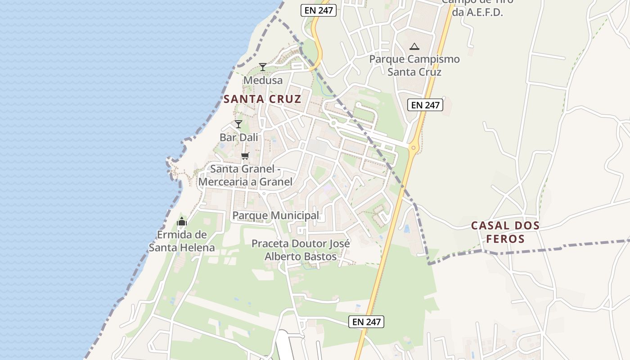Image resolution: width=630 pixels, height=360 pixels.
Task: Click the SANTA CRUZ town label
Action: tap(262, 99)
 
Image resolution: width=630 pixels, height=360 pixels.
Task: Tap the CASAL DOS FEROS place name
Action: tap(505, 232)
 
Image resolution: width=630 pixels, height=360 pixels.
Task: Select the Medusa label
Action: tap(263, 81)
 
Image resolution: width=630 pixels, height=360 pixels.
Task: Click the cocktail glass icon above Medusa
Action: tap(263, 67)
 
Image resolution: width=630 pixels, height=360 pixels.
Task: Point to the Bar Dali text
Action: tap(239, 137)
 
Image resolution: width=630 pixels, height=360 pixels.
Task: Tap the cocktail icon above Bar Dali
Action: tap(238, 124)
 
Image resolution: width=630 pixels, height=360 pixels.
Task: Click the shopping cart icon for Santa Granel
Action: tap(245, 156)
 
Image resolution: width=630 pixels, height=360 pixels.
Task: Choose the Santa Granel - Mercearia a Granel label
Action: tap(245, 175)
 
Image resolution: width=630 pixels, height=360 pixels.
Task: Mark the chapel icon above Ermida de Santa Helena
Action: tap(182, 221)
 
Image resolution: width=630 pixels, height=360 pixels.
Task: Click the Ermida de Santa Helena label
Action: tap(182, 241)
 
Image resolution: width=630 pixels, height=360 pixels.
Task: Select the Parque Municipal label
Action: tap(275, 216)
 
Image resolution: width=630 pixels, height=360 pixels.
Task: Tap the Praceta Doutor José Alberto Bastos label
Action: tap(301, 250)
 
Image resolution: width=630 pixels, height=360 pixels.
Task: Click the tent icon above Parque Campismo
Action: tap(414, 46)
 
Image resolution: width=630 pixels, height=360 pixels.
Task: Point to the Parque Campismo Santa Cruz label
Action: tap(414, 66)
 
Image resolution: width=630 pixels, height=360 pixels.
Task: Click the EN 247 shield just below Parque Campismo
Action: tap(425, 105)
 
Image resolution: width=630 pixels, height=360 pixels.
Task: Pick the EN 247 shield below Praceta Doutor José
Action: tap(366, 321)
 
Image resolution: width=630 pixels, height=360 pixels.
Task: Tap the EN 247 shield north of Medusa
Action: tap(319, 10)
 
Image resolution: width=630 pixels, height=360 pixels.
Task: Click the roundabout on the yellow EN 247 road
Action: tap(413, 148)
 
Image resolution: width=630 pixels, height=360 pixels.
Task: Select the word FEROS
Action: tap(506, 239)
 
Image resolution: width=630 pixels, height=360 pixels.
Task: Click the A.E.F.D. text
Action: tap(477, 13)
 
